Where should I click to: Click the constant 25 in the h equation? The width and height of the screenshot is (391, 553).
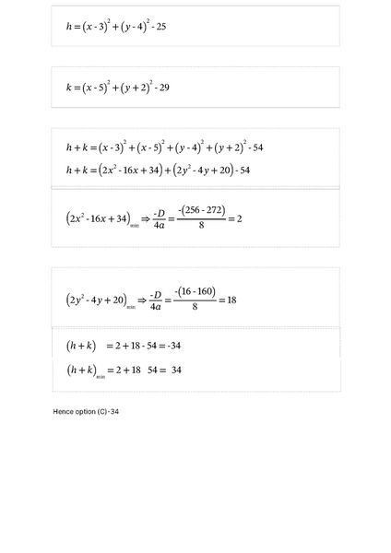pos(160,28)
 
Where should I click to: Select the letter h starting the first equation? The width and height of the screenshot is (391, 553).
pos(69,28)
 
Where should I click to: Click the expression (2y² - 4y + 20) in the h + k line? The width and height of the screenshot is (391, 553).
pos(190,170)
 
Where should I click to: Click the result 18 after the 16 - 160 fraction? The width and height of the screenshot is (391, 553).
pos(231,300)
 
